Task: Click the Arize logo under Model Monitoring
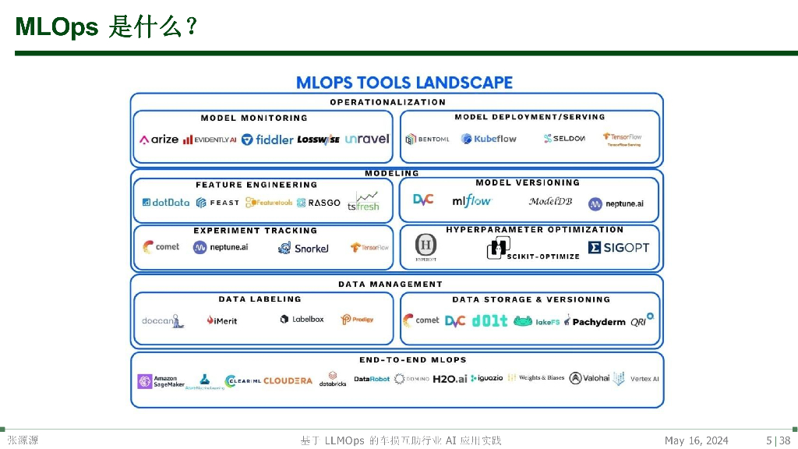tap(159, 140)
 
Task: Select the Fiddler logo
tap(267, 140)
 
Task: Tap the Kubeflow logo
tap(489, 139)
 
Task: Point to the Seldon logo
tap(564, 139)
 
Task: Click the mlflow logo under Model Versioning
tap(472, 201)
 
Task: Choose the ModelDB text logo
tap(550, 201)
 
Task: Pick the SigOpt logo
tap(619, 247)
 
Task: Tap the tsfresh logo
tap(363, 201)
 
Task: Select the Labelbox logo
tap(302, 319)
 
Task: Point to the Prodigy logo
tap(357, 319)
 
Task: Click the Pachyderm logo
tap(595, 321)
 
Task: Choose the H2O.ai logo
tap(450, 379)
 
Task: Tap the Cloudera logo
tap(288, 381)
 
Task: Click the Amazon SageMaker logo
tap(161, 381)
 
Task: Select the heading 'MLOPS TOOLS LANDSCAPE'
tap(404, 83)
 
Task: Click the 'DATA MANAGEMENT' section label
tap(390, 285)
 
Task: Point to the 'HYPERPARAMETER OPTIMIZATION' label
tap(535, 230)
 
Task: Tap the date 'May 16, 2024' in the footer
tap(696, 441)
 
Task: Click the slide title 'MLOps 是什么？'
tap(105, 28)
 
